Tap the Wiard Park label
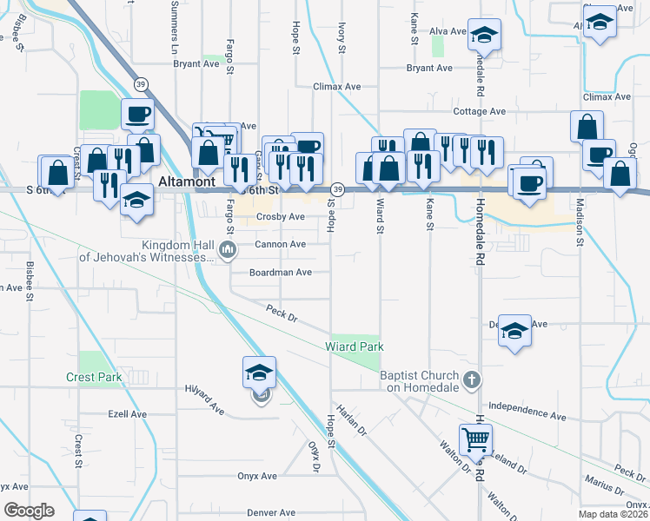pyautogui.click(x=355, y=346)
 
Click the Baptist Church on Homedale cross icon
pyautogui.click(x=471, y=379)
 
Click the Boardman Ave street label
pyautogui.click(x=280, y=272)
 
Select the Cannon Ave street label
pyautogui.click(x=280, y=245)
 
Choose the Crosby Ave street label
pyautogui.click(x=280, y=217)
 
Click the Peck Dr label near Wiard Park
pyautogui.click(x=282, y=313)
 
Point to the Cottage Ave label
pyautogui.click(x=479, y=112)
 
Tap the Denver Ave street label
pyautogui.click(x=249, y=512)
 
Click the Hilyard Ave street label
pyautogui.click(x=205, y=399)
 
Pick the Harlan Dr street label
pyautogui.click(x=351, y=419)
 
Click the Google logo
pyautogui.click(x=30, y=511)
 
